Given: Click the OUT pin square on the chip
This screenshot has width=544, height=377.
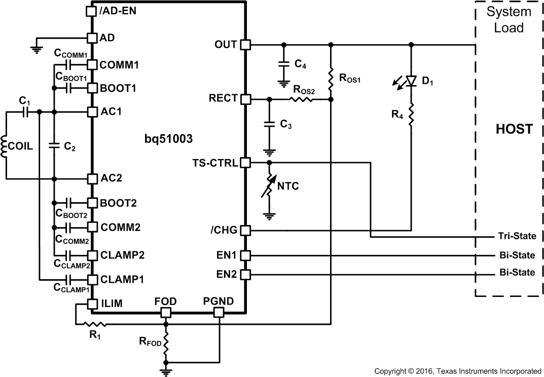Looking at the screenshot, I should pos(245,45).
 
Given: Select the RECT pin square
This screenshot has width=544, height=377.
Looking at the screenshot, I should pos(245,99).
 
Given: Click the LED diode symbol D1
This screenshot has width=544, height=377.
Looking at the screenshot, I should pos(411,81).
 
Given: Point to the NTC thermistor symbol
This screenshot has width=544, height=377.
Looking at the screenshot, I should pos(269,186).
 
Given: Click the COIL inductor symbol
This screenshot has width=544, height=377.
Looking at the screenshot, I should pos(6,145).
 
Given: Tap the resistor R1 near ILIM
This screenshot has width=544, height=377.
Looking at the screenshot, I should pos(94,323).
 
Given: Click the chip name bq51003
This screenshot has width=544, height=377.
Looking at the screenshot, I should pos(168,138).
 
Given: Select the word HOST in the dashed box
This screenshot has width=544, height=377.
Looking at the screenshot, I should pos(513,129).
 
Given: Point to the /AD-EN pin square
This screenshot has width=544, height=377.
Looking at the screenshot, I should pos(91,10).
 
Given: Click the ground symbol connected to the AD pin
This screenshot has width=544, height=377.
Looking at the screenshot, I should pos(36,48).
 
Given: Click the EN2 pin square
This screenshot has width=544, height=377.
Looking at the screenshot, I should pos(245,275).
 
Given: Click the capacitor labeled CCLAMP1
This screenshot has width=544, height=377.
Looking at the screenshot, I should pos(69,279).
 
